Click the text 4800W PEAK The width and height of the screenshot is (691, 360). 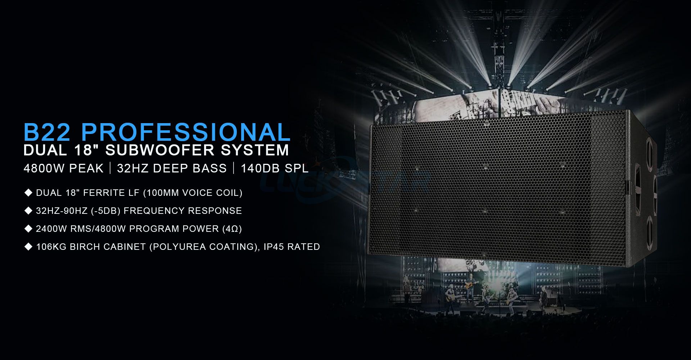click(x=63, y=168)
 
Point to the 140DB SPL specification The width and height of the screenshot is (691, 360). click(x=275, y=168)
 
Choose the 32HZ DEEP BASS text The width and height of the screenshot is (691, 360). click(x=172, y=168)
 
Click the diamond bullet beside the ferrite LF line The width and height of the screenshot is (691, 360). click(x=28, y=193)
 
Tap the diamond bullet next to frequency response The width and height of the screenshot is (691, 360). click(x=28, y=211)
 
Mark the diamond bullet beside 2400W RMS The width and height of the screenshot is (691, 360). click(x=28, y=229)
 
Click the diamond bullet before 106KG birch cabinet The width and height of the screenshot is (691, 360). click(x=28, y=247)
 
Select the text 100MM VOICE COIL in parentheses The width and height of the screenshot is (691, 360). click(x=193, y=193)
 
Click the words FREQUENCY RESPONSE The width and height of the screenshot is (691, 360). click(x=183, y=211)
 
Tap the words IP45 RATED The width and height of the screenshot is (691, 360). click(x=292, y=247)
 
